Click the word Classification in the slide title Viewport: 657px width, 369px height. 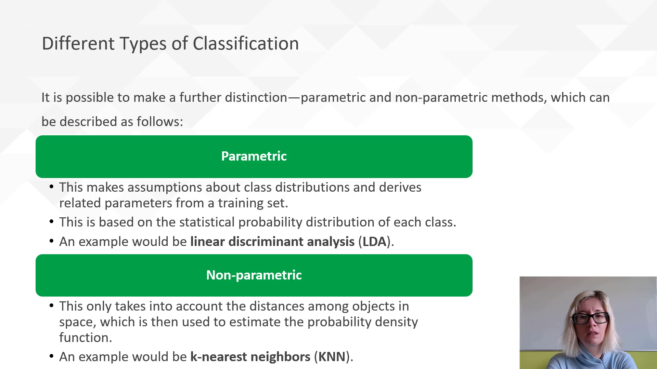246,44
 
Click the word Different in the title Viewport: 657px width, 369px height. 78,44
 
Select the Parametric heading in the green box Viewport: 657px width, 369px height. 254,156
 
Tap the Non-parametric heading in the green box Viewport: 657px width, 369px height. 254,275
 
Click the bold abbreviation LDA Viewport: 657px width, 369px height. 374,242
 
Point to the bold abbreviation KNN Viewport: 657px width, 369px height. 332,357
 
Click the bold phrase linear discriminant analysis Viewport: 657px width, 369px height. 272,242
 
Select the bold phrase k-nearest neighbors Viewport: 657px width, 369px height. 250,357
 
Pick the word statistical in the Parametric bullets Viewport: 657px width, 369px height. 207,222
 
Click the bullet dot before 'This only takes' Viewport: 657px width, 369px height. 52,305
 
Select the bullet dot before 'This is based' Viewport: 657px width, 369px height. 52,221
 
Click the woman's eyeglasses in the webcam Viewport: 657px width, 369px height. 590,318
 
